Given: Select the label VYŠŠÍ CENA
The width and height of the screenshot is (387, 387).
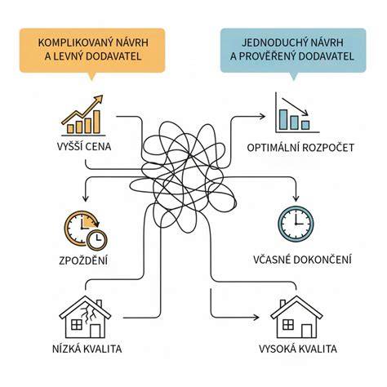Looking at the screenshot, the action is [x=84, y=146].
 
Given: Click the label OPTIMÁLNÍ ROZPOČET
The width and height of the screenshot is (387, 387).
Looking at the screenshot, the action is [x=300, y=148].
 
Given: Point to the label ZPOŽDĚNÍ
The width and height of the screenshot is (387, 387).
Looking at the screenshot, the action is [x=83, y=260].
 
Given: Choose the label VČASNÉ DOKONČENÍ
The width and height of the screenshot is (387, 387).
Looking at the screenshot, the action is [x=302, y=260].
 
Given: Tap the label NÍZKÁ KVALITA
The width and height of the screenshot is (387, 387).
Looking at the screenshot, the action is [x=87, y=349].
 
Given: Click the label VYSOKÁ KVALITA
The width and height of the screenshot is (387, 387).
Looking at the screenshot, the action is [x=298, y=349].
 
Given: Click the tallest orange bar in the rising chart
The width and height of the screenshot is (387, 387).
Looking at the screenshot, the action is [x=96, y=122].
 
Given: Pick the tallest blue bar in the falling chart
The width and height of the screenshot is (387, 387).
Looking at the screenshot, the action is [x=283, y=119].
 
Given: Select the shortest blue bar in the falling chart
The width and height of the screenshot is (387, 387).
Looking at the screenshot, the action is [x=305, y=125].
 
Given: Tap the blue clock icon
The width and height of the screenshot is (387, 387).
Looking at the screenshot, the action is [x=296, y=224].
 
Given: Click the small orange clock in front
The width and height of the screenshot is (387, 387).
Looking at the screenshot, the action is [x=96, y=240].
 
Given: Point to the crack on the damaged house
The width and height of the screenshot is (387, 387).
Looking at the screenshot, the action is [x=89, y=313].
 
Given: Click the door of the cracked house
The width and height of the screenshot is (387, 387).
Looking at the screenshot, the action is [x=96, y=331].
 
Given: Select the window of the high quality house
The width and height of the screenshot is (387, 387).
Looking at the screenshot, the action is [x=288, y=324].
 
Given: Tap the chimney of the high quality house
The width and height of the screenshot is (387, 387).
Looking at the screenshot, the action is [x=282, y=304].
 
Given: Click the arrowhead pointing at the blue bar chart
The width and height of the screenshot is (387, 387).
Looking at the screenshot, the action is [x=262, y=117].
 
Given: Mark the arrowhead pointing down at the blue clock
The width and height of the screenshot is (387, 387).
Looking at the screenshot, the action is [x=296, y=198].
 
